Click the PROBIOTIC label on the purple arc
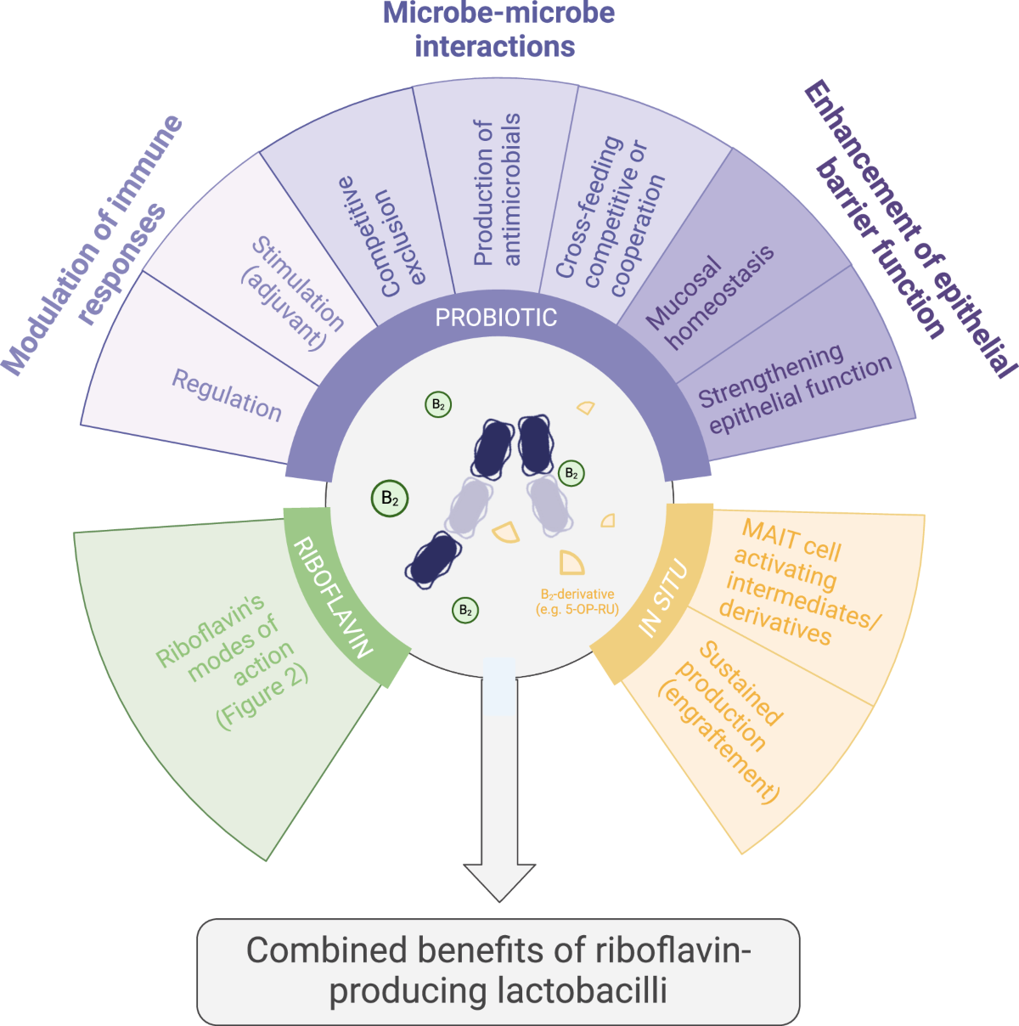click(496, 318)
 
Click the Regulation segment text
click(227, 396)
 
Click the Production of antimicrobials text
click(497, 192)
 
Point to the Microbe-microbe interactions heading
click(498, 29)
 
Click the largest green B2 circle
click(390, 499)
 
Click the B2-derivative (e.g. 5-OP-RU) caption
click(577, 602)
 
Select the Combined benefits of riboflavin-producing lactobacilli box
click(498, 971)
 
